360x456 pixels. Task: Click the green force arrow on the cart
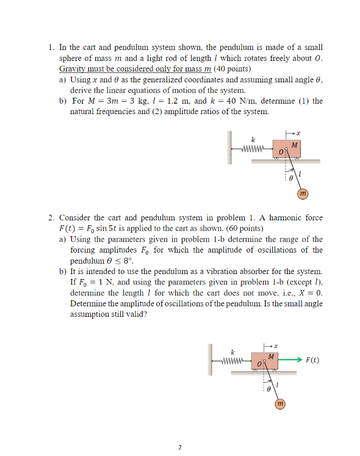[x=292, y=360]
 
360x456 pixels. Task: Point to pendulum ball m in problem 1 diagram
[x=302, y=194]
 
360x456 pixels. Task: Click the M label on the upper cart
[x=295, y=145]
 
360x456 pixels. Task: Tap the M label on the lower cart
[x=273, y=356]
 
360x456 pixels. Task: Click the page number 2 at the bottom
[x=180, y=447]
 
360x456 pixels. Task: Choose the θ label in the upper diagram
[x=291, y=177]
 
